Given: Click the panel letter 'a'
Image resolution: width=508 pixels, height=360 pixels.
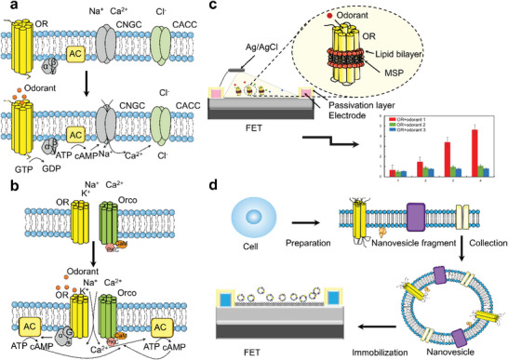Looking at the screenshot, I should [x=7, y=7].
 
